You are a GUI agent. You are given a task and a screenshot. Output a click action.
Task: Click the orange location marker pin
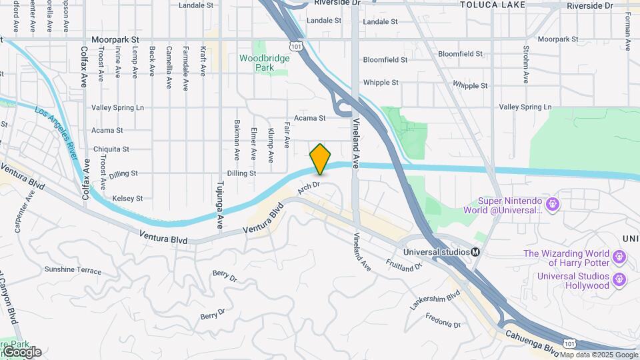click(321, 159)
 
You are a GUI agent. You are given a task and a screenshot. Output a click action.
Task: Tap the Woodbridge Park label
click(265, 63)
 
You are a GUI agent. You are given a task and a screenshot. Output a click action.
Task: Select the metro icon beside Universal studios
click(476, 252)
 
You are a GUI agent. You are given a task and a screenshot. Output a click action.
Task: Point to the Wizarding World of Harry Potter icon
click(619, 256)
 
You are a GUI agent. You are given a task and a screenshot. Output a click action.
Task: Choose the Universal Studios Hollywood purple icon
click(619, 278)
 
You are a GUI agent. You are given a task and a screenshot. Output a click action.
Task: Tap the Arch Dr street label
click(309, 188)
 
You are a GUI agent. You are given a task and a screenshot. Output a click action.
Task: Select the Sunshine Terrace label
click(73, 271)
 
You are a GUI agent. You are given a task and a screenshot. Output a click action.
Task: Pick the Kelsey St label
click(127, 198)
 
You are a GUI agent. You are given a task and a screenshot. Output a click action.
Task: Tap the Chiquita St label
click(111, 149)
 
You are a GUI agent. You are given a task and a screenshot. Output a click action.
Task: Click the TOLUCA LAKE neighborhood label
click(492, 5)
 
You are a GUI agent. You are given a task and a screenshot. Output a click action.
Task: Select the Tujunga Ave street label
click(219, 204)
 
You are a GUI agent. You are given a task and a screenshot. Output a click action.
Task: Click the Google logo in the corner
click(21, 351)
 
